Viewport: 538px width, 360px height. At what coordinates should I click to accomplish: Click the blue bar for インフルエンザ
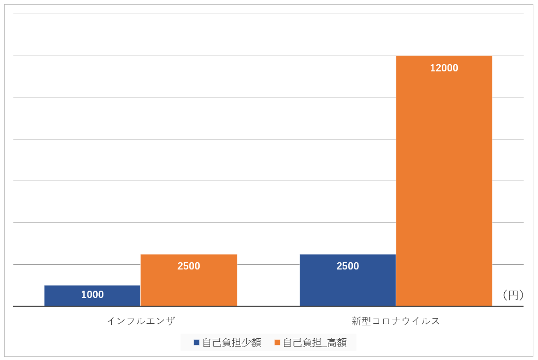point(92,295)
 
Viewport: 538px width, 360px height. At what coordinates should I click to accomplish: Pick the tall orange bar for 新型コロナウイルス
point(444,181)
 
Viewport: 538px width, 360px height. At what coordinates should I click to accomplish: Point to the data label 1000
point(92,295)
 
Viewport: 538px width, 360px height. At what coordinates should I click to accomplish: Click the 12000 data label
point(444,68)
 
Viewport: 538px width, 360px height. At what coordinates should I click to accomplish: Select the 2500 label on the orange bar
point(188,266)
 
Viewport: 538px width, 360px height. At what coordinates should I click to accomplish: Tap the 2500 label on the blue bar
point(348,266)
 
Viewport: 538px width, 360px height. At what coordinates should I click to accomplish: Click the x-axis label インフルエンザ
point(141,321)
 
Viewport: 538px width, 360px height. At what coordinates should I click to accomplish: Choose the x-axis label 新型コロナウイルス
point(396,321)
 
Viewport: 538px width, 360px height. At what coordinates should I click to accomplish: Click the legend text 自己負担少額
point(231,342)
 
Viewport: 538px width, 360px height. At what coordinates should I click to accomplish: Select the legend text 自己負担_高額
point(315,342)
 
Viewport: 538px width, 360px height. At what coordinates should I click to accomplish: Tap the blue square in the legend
point(197,342)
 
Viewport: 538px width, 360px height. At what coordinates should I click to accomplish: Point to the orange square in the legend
point(277,342)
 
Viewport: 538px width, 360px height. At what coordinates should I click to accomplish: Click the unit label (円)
point(513,295)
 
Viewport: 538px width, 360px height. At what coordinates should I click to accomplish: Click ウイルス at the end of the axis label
point(420,321)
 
